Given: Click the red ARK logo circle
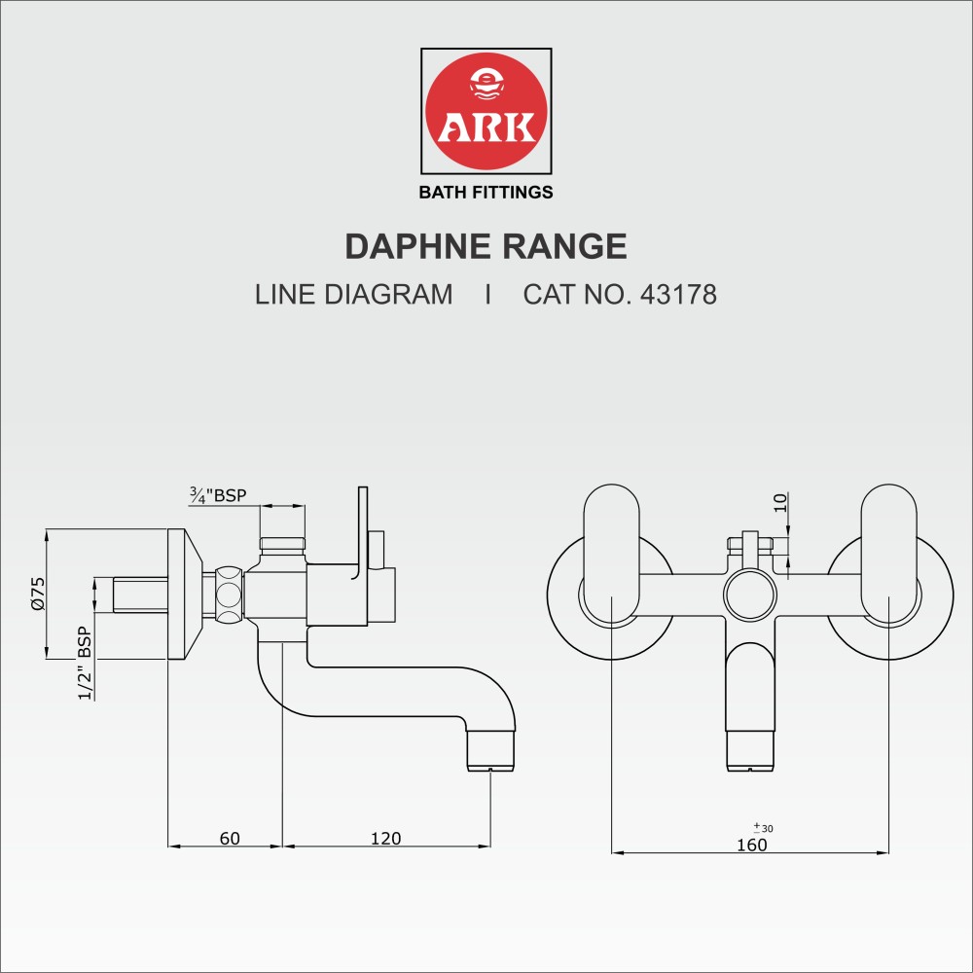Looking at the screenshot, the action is point(486,111).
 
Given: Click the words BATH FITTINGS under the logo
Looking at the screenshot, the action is point(486,193).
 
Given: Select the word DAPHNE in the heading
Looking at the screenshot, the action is point(418,246).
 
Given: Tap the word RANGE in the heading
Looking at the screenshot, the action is point(564,246).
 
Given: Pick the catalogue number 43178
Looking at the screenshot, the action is point(678,294).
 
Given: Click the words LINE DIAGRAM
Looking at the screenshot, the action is point(354,294).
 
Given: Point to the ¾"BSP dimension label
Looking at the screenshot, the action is point(218,495).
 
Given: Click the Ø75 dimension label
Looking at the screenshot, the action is point(38,594).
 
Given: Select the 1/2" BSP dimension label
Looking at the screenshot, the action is point(85,663).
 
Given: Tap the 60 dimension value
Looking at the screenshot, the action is point(230,839).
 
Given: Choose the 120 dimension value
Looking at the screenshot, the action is point(385,839).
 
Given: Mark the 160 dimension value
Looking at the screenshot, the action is point(751,845).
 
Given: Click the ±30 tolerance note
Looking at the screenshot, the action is point(763,828).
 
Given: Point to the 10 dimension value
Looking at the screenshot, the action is point(780,502).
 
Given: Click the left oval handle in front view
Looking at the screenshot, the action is point(611,555).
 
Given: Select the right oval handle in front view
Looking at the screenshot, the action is point(888,555).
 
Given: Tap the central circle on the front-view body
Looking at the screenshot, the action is point(750,594).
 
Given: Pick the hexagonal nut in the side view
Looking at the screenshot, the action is point(229,594).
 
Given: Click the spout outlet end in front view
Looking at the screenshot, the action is point(750,751).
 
